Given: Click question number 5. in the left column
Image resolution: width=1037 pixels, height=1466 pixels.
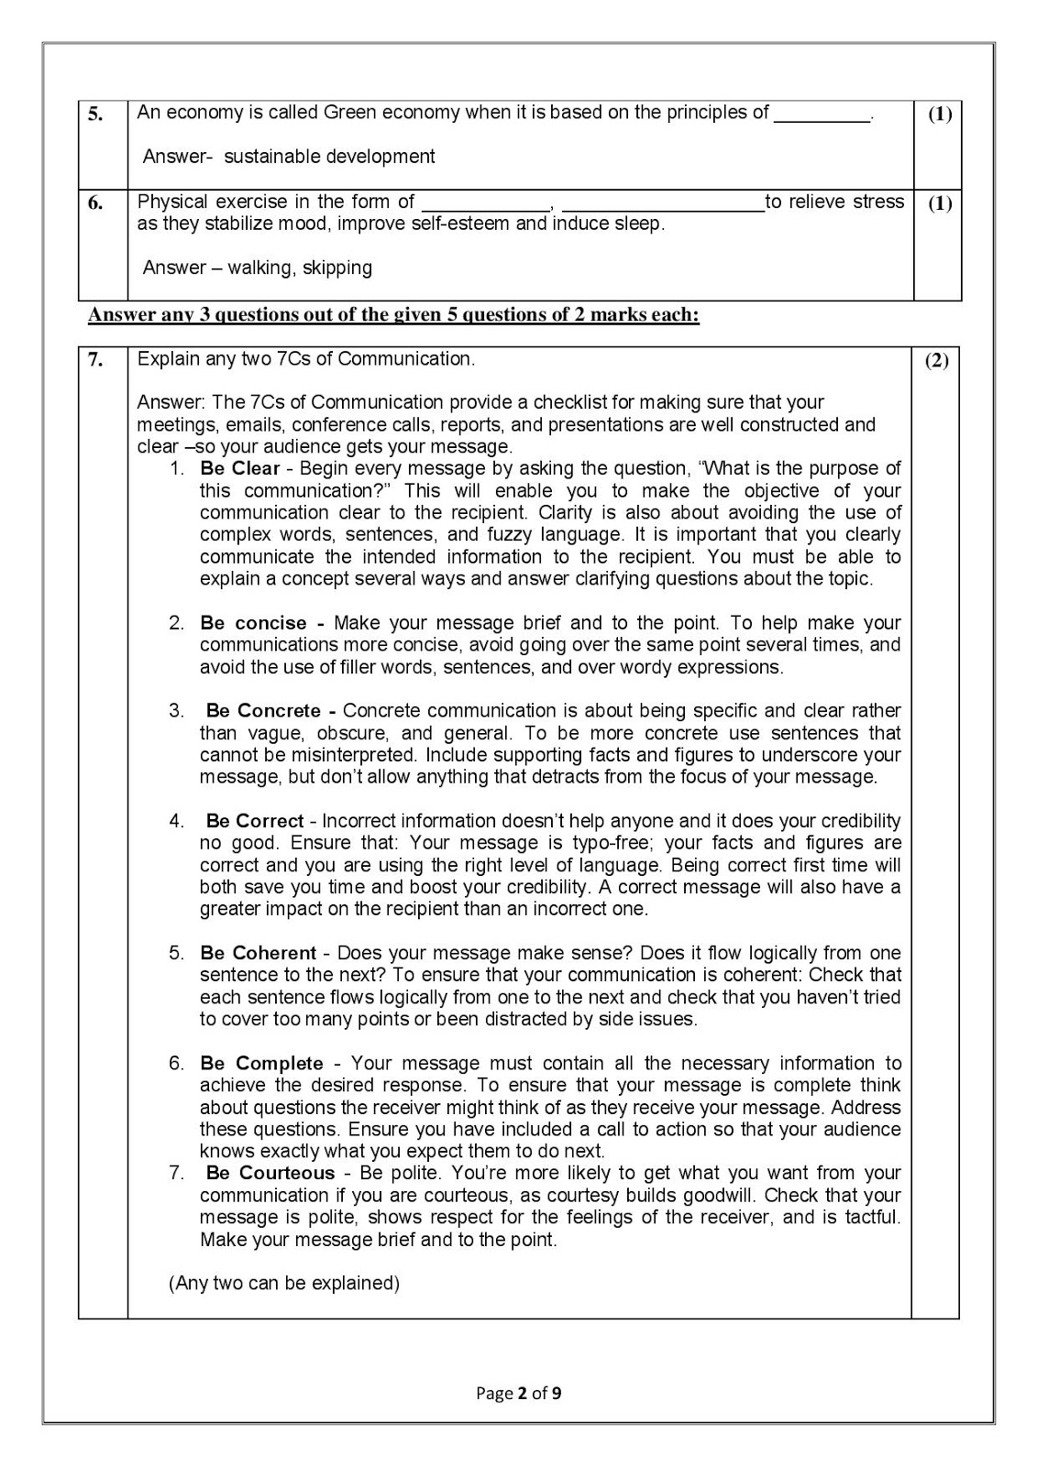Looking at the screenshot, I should click(x=95, y=115).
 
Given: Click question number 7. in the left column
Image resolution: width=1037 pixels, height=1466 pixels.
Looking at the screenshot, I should click(x=95, y=360).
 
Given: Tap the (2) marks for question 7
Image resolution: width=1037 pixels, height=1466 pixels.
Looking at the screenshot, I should click(x=936, y=361).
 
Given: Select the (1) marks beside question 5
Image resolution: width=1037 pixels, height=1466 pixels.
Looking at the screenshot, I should click(x=939, y=115).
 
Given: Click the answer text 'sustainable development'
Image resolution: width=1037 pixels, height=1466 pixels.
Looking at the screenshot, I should click(x=329, y=157).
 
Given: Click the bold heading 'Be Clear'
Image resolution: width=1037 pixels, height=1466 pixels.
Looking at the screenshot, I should click(x=239, y=469).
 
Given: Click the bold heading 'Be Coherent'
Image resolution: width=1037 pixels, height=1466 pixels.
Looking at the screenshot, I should click(x=258, y=953).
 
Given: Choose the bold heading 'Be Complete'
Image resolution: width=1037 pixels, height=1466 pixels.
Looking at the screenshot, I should click(x=261, y=1064).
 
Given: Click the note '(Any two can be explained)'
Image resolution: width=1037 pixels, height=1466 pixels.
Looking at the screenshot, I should click(x=284, y=1284).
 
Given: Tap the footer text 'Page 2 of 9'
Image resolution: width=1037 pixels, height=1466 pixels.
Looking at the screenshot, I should click(x=518, y=1394).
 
